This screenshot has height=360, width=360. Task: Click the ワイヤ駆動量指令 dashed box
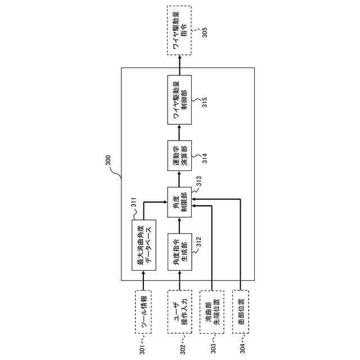click(179, 30)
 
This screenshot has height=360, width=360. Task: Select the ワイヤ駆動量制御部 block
click(179, 100)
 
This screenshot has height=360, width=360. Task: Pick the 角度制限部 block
click(179, 203)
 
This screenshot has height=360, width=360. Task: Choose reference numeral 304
click(243, 342)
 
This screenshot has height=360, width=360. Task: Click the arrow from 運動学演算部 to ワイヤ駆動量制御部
click(179, 133)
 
